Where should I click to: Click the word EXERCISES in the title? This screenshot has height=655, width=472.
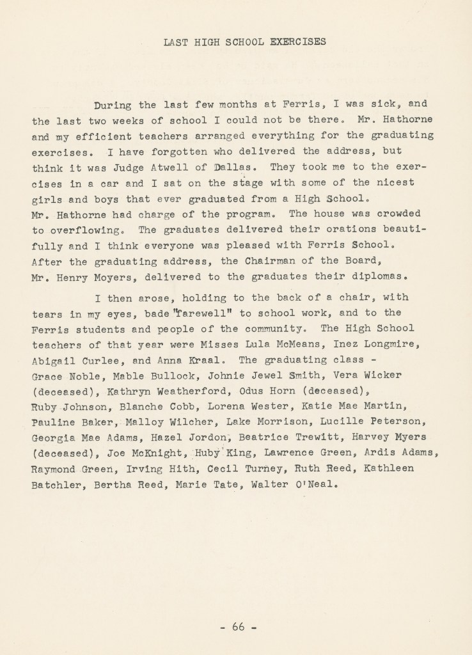click(x=291, y=42)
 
